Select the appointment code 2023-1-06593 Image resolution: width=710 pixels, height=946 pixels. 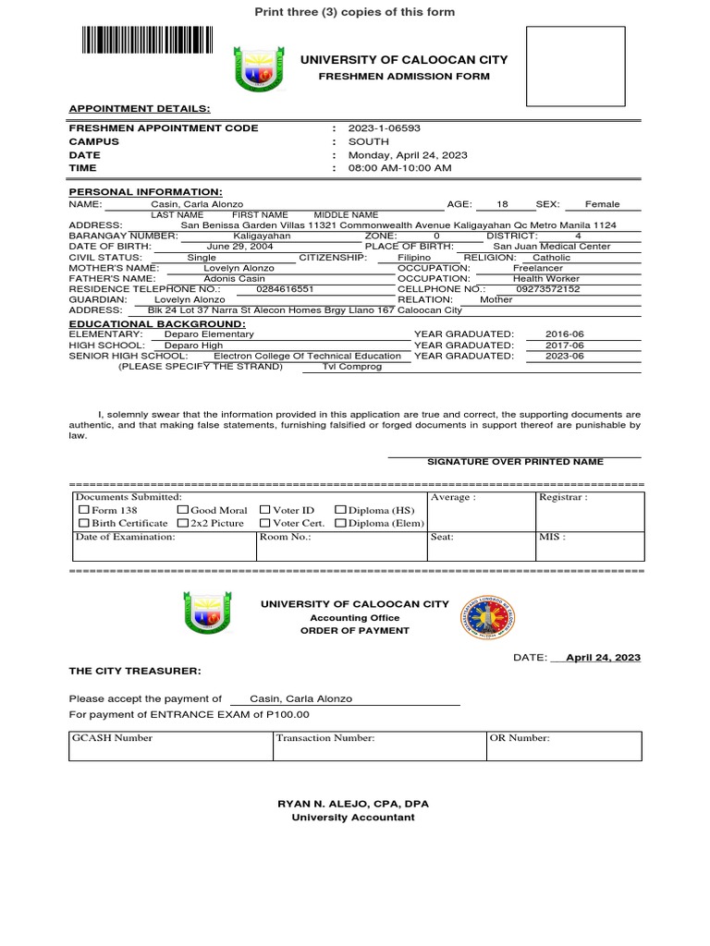click(x=377, y=128)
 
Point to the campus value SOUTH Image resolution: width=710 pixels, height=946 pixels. click(x=368, y=142)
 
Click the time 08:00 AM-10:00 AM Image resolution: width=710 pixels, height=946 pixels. click(x=399, y=169)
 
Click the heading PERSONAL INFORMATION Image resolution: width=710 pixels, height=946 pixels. click(x=145, y=191)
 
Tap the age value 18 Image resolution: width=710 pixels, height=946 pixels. click(x=502, y=204)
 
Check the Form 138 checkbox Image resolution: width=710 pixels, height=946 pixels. click(x=84, y=510)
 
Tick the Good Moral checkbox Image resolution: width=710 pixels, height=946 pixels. click(x=182, y=510)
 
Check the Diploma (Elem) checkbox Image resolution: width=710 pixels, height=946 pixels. click(x=339, y=523)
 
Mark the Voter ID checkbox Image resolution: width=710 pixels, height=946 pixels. click(x=265, y=510)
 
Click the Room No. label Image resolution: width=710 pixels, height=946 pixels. click(x=285, y=537)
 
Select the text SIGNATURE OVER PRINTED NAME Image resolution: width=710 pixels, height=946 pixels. click(x=515, y=462)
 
